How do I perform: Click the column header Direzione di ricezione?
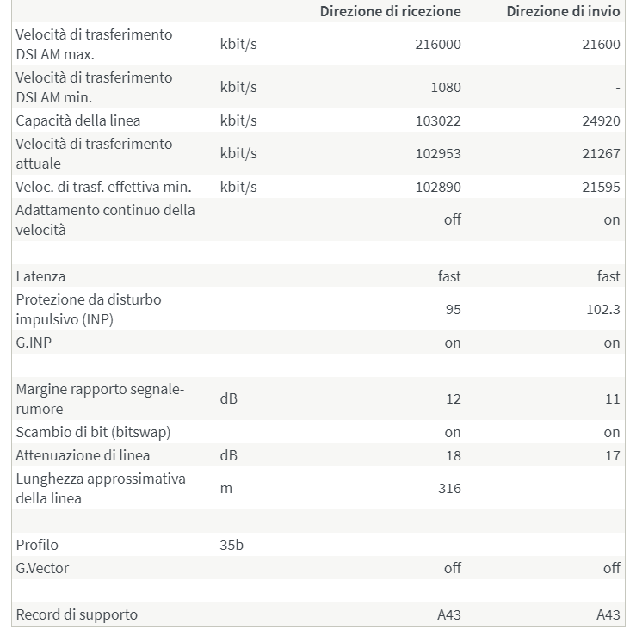(390, 11)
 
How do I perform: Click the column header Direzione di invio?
(563, 11)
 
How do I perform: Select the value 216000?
(438, 45)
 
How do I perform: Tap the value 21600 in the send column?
(601, 45)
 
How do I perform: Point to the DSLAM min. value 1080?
(446, 88)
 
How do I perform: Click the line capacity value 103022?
(438, 120)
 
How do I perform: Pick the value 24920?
(601, 120)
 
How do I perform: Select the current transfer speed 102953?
(438, 154)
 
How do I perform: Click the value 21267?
(601, 154)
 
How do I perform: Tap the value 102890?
(438, 187)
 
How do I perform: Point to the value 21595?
(601, 187)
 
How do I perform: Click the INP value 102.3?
(603, 310)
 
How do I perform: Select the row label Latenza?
(40, 276)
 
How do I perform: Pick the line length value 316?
(449, 489)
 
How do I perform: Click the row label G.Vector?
(42, 568)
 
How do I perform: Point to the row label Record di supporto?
(77, 614)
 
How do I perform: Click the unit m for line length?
(226, 489)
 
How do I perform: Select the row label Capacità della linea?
(78, 120)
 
